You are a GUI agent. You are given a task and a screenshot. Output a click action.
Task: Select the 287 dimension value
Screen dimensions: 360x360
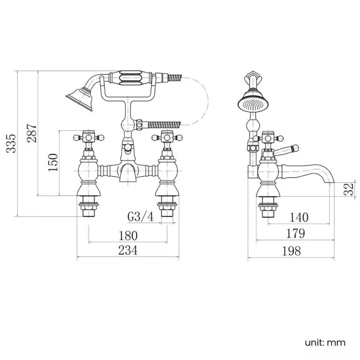[32, 133]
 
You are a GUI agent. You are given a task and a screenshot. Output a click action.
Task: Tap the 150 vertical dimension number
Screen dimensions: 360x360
[53, 162]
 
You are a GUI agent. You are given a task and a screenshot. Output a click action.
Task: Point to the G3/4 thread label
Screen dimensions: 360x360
[141, 217]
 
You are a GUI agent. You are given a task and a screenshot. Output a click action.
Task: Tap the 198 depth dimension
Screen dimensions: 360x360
[290, 251]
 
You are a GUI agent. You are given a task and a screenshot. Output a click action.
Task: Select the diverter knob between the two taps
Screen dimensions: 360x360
[127, 148]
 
